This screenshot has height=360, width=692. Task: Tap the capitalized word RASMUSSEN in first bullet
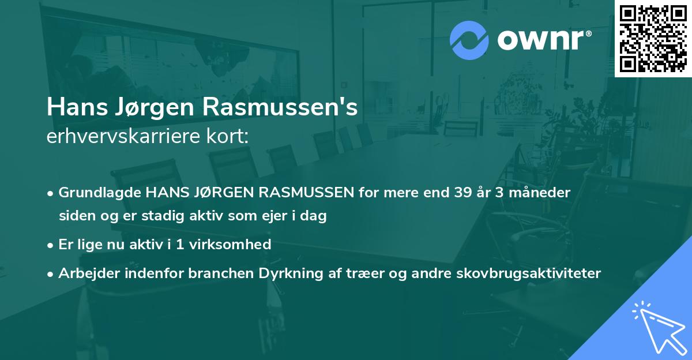[306, 193]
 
